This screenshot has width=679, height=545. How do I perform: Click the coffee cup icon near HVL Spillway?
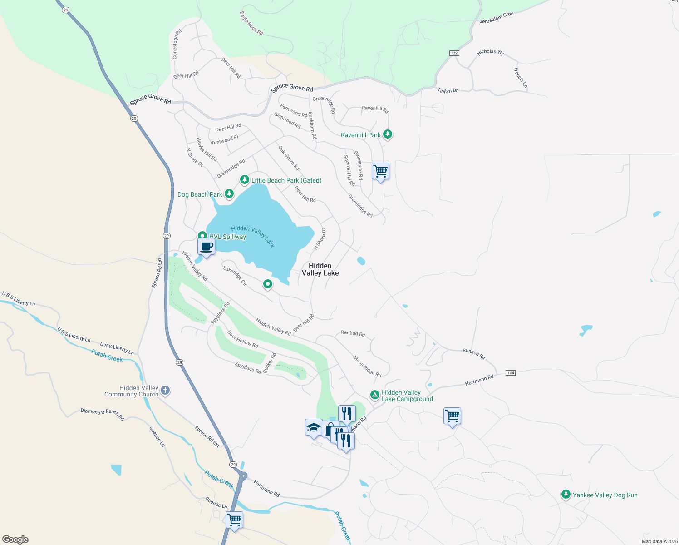[x=207, y=247]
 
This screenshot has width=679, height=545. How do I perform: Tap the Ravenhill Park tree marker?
[x=387, y=134]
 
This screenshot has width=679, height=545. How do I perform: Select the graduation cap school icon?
[x=314, y=427]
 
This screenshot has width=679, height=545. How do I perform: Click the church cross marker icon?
[x=165, y=390]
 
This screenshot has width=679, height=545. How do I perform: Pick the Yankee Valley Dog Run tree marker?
[x=566, y=495]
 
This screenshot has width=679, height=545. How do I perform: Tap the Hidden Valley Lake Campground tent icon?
[x=375, y=395]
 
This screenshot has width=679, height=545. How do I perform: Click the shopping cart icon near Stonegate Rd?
[x=380, y=171]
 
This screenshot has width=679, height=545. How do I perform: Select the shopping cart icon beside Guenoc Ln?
[x=234, y=520]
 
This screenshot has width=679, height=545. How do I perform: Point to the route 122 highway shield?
[x=454, y=53]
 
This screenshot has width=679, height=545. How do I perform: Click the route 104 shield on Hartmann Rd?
[x=511, y=373]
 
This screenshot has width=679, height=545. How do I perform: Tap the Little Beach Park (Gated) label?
[x=286, y=180]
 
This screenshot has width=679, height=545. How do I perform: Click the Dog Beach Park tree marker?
[x=229, y=194]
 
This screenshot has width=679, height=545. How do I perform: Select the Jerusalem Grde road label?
[x=497, y=18]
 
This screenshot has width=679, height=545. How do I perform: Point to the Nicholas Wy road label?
[x=491, y=52]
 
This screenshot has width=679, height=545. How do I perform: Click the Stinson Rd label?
[x=474, y=353]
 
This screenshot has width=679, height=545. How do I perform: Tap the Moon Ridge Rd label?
[x=368, y=366]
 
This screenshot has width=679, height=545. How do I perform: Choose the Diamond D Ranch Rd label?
[x=102, y=414]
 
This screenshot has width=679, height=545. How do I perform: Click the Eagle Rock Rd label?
[x=251, y=23]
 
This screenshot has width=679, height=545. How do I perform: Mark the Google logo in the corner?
[x=15, y=540]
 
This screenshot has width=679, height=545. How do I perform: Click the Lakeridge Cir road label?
[x=235, y=276]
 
